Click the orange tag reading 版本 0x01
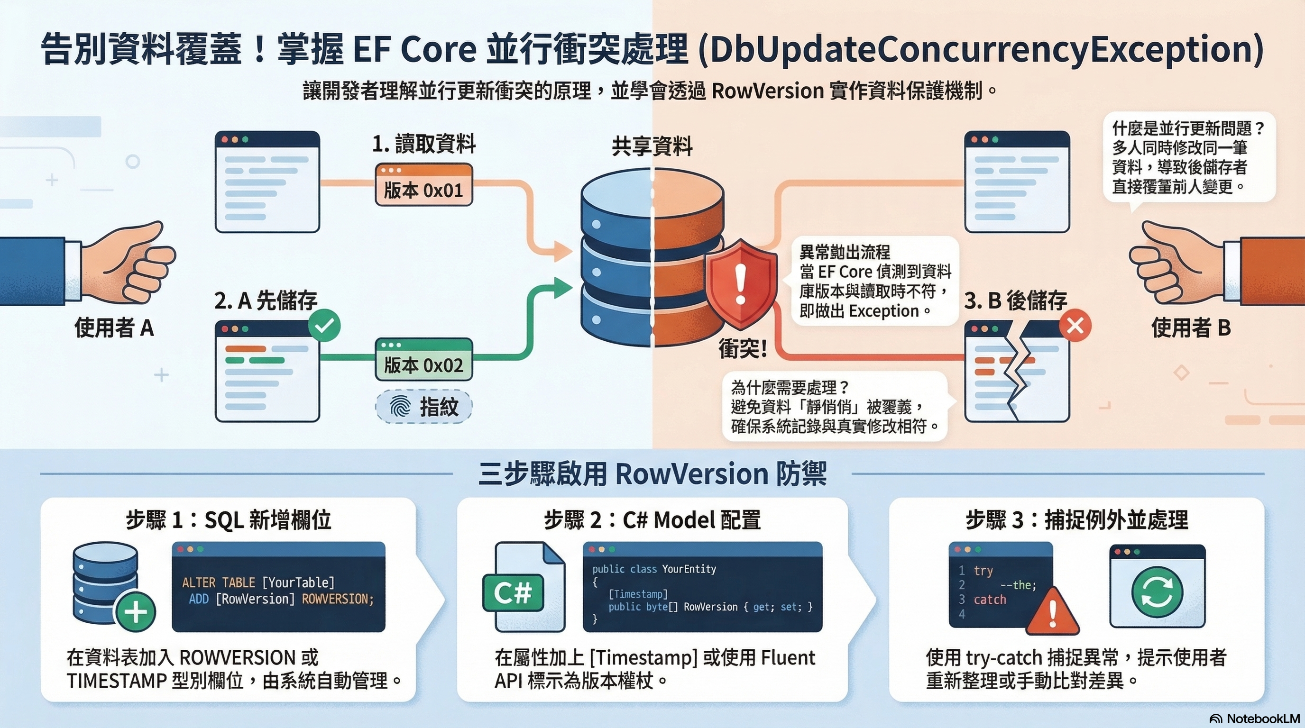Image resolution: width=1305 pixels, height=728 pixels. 423,184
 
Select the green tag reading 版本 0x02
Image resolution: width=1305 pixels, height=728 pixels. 423,359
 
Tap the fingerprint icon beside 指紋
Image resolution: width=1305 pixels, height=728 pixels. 400,406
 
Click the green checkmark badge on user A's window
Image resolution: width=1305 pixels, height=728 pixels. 324,326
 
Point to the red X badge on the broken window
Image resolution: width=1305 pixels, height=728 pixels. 1075,326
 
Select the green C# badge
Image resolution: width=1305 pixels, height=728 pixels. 513,592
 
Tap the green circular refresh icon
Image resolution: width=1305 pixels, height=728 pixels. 1157,592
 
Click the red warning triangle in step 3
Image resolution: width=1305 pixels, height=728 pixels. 1053,612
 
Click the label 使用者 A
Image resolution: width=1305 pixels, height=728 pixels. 114,328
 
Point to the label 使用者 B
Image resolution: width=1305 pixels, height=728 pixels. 1191,328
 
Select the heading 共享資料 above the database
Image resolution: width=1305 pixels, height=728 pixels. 652,146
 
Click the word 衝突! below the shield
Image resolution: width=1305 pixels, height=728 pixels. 742,349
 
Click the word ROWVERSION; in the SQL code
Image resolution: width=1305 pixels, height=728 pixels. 338,599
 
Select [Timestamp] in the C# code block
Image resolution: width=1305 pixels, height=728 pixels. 638,594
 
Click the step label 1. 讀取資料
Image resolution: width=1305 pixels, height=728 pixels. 424,144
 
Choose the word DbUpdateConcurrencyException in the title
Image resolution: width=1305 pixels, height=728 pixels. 980,50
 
